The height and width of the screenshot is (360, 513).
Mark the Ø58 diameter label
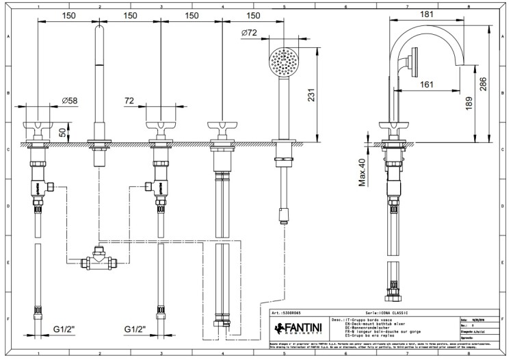coord(70,101)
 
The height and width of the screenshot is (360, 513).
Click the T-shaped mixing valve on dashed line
coord(100,260)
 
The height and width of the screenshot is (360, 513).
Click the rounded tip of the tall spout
coord(100,28)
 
